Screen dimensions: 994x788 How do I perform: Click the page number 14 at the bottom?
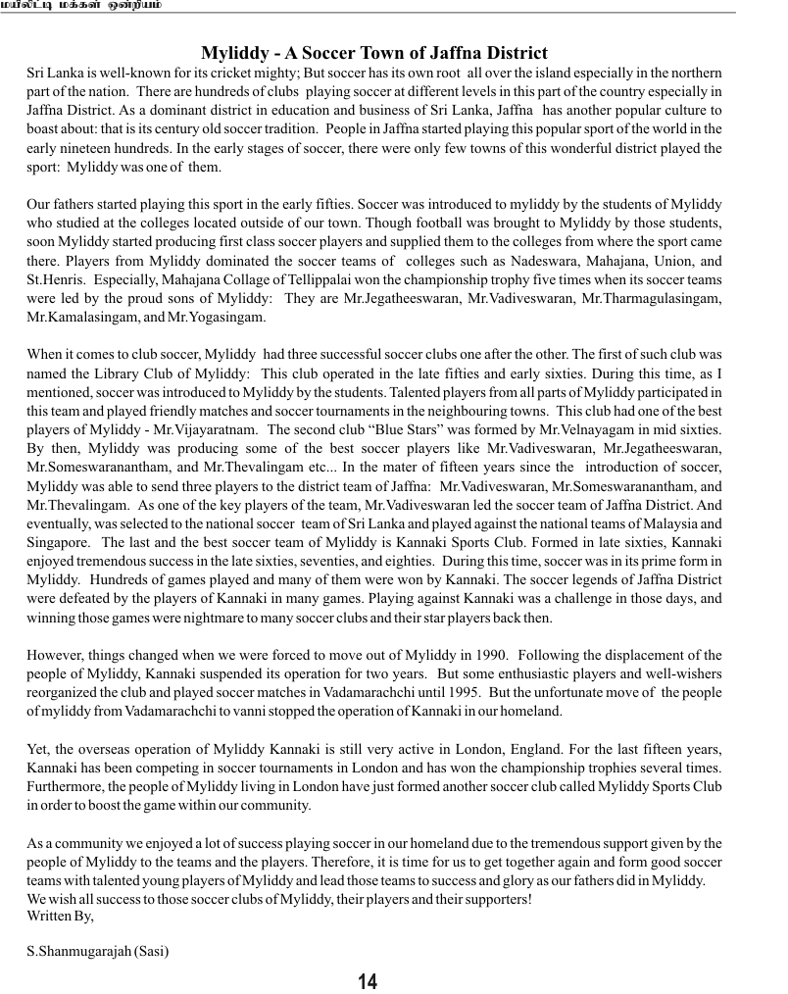click(368, 981)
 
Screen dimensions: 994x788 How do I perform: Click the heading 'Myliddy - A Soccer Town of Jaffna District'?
click(374, 53)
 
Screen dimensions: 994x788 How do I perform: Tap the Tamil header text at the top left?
click(82, 5)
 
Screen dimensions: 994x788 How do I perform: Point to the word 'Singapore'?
click(56, 541)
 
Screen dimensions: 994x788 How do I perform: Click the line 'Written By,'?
click(60, 916)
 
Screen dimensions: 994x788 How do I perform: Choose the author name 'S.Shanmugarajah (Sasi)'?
click(99, 951)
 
